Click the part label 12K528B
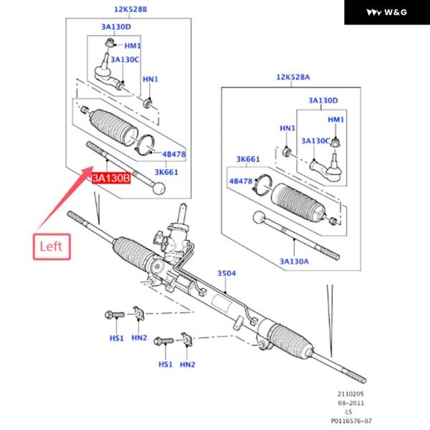point(130,9)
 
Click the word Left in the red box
point(51,246)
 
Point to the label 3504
point(226,273)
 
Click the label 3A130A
point(295,262)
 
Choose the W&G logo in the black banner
point(386,12)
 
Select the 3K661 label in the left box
point(166,172)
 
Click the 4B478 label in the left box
point(174,154)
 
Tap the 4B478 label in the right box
point(241,181)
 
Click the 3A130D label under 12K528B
point(116,27)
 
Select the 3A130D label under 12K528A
point(323,100)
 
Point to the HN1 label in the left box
point(150,79)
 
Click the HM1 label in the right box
point(337,119)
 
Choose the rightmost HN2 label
point(188,365)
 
